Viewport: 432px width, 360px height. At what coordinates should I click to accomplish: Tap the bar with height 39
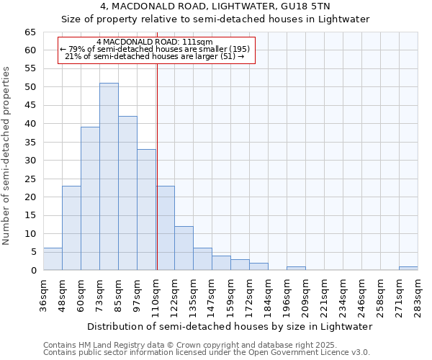point(90,198)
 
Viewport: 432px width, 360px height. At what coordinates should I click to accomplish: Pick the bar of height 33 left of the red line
point(146,210)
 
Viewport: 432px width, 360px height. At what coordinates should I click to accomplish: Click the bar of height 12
point(184,248)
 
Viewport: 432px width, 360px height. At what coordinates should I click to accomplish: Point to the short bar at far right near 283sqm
point(408,269)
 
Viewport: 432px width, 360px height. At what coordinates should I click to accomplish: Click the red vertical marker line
point(156,166)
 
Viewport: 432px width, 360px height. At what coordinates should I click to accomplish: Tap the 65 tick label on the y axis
point(30,32)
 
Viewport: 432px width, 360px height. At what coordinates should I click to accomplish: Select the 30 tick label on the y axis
point(30,161)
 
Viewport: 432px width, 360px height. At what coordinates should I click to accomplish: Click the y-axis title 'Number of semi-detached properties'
point(7,155)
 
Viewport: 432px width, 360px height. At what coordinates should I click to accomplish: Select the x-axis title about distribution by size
point(228,326)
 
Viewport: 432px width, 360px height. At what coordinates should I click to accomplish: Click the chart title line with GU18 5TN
point(215,6)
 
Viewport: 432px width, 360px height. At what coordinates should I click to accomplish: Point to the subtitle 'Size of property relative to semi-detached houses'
point(215,19)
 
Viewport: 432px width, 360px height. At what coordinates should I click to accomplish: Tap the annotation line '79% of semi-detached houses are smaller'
point(156,49)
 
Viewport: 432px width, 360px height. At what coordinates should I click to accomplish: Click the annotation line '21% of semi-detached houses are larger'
point(156,56)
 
